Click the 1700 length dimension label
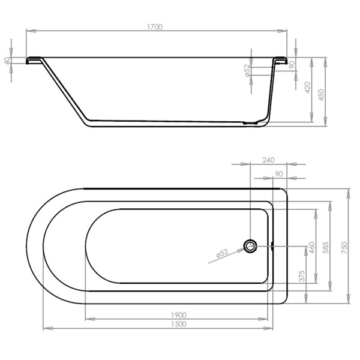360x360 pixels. pos(155,27)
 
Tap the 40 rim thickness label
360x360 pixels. pos(8,61)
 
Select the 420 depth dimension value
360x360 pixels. pos(308,88)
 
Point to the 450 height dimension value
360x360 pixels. pos(321,95)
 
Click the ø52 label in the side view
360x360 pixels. pos(247,70)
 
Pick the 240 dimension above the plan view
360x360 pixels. pos(268,160)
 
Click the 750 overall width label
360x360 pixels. pos(344,248)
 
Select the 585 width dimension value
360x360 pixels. pos(326,248)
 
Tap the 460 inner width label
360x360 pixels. pos(312,248)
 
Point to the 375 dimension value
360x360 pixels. pos(302,276)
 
